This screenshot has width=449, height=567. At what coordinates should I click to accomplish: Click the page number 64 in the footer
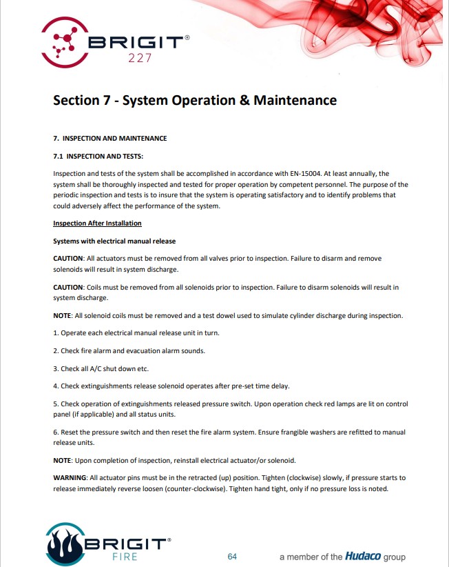[232, 556]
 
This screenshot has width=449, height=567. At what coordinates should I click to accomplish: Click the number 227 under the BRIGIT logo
[140, 58]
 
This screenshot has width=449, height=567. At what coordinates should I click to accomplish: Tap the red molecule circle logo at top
[63, 40]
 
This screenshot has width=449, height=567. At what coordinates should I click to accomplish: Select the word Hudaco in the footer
[364, 556]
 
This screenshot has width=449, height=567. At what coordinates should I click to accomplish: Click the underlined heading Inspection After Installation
[97, 223]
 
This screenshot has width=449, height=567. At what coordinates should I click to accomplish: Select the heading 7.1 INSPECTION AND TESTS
[98, 157]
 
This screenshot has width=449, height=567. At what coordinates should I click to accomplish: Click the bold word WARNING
[72, 477]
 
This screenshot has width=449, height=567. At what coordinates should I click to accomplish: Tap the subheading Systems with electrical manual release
[114, 241]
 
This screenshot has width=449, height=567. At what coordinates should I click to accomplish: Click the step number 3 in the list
[55, 368]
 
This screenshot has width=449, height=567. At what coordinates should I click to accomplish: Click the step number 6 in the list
[55, 432]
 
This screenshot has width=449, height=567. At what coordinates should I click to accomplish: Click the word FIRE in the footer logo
[128, 555]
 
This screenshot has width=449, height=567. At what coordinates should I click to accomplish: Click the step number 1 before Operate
[55, 332]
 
